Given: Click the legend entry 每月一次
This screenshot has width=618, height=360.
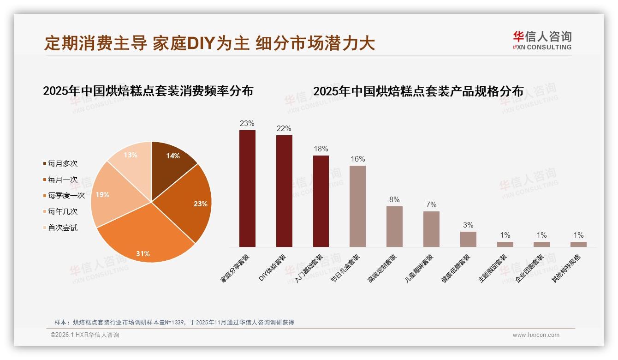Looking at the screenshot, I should coord(62,180).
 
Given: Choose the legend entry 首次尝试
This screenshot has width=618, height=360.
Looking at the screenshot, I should coord(62,228).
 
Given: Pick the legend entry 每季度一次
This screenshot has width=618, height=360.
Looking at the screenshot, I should coord(66,195).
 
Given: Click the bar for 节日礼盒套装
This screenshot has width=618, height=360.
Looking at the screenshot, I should coord(357,206).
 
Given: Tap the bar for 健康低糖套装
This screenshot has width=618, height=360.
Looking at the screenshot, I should coord(468,239).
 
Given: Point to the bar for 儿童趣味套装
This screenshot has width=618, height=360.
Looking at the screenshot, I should coord(431,229).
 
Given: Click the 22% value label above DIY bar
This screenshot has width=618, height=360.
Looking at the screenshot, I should coord(284,129).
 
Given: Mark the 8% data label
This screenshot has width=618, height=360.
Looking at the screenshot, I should coord(394,200).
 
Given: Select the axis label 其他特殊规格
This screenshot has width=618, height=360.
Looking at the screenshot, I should coord(567,268).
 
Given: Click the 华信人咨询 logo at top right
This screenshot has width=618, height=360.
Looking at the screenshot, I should coord(542,40).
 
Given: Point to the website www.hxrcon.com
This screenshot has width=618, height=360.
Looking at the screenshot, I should coord(536,335).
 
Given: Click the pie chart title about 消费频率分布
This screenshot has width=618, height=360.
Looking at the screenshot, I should coord(148,91).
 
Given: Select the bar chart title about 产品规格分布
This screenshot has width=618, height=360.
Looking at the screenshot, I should coord(418,91).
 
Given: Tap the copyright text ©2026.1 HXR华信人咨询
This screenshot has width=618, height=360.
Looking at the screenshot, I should coord(85,335).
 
